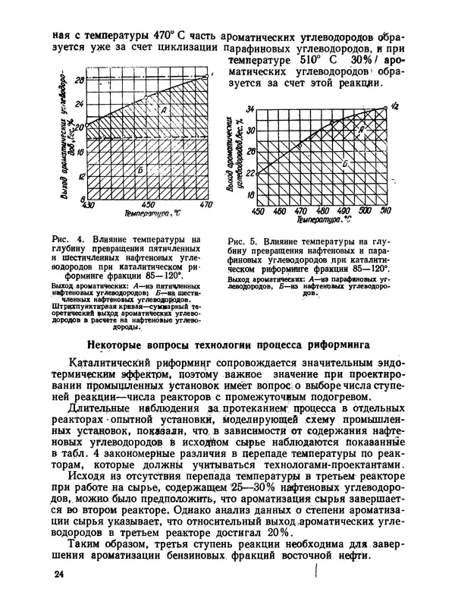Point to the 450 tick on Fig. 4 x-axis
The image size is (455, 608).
(148, 205)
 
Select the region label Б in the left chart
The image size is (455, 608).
(141, 169)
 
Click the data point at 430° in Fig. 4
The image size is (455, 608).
(89, 124)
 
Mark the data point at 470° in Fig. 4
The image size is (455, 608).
(206, 75)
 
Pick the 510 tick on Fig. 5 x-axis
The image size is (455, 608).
(386, 210)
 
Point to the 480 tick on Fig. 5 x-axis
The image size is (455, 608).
(322, 210)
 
